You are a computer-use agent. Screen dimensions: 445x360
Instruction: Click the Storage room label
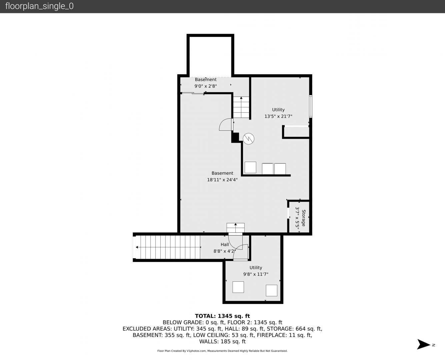(x=304, y=218)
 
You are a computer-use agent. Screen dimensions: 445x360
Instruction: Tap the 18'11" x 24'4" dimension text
(x=222, y=180)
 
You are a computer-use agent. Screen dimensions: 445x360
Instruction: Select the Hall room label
(x=225, y=244)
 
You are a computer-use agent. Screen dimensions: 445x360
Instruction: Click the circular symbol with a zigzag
(x=248, y=139)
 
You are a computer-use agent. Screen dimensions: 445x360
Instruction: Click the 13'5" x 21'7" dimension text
(x=278, y=116)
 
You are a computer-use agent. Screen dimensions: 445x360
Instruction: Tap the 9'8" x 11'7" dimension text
(x=256, y=274)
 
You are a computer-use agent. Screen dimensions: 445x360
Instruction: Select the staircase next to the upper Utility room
(x=241, y=107)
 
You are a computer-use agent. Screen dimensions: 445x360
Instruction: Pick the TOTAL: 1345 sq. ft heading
(x=222, y=316)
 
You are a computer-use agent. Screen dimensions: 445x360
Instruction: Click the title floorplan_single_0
(x=39, y=6)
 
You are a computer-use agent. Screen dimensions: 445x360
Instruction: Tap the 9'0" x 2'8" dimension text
(x=206, y=86)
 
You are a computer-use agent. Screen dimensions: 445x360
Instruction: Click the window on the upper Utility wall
(x=311, y=106)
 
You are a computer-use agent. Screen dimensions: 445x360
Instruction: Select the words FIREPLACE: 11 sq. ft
(x=284, y=335)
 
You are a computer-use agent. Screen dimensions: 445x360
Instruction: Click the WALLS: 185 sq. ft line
(x=222, y=342)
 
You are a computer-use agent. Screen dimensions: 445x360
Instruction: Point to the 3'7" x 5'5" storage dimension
(x=297, y=220)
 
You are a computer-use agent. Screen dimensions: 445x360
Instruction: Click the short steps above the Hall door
(x=236, y=228)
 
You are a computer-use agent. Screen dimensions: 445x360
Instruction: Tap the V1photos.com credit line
(x=222, y=351)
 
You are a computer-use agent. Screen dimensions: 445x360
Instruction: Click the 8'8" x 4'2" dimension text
(x=225, y=251)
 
